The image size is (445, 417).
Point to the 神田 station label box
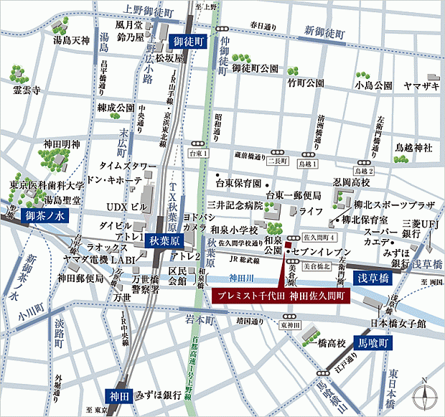point(117,395)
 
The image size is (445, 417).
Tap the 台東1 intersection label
point(197,154)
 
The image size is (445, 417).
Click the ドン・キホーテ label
point(111,179)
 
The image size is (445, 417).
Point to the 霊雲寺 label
point(29,91)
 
